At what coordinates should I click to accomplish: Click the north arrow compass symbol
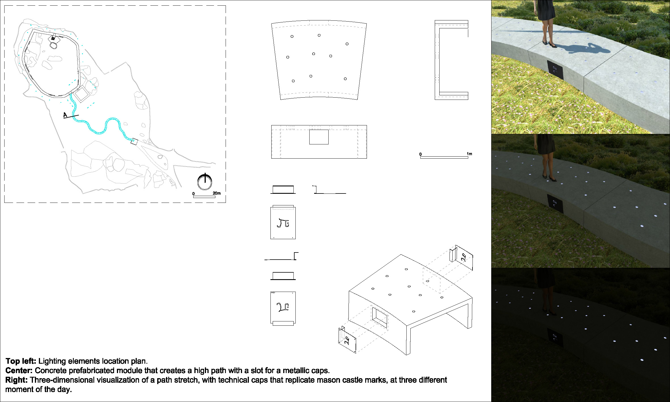(205, 182)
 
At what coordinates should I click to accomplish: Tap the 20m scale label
(217, 193)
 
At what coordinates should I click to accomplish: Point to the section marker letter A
(65, 115)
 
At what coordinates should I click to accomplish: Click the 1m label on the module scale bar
(469, 154)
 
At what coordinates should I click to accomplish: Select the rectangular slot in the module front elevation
(319, 137)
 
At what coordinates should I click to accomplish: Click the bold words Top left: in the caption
(21, 361)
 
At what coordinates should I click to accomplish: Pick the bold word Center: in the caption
(19, 371)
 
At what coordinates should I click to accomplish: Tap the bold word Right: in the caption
(16, 380)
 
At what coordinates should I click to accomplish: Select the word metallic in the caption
(296, 371)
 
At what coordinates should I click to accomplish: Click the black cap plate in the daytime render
(555, 70)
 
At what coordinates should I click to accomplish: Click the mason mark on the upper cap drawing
(283, 223)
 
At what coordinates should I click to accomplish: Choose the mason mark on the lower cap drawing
(283, 307)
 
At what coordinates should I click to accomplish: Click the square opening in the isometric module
(379, 318)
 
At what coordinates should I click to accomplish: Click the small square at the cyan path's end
(134, 142)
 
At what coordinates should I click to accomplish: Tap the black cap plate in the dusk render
(555, 204)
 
